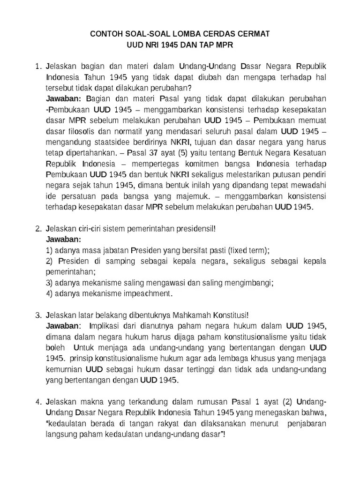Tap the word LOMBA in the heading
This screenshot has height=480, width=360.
tap(176, 35)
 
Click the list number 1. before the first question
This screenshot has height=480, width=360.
tap(39, 65)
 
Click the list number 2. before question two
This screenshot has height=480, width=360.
tap(39, 229)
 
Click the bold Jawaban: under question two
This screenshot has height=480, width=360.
tap(63, 239)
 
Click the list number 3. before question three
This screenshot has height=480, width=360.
tap(39, 315)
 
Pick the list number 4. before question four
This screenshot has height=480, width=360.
tap(39, 402)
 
